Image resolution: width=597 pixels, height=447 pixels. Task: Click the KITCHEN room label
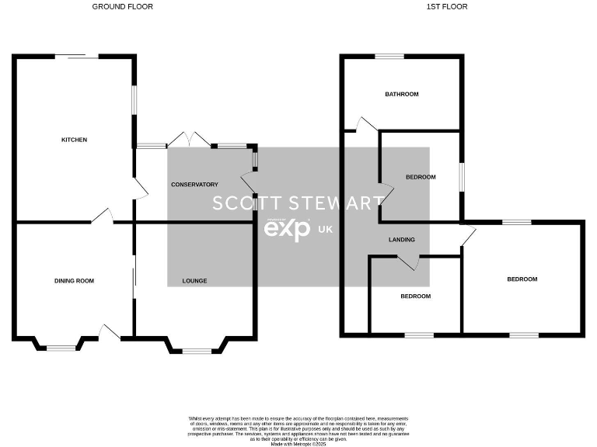coord(74,140)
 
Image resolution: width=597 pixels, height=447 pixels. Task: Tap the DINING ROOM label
coord(74,281)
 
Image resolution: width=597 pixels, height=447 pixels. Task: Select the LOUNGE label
coord(194,281)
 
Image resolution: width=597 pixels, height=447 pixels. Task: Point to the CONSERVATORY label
coord(194,185)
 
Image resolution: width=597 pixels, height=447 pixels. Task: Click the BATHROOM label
coord(402,95)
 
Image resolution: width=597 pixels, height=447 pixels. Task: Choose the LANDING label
coord(402,240)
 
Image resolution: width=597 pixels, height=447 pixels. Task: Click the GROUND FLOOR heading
coord(122,7)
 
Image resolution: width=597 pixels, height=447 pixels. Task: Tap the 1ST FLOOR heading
coord(447,7)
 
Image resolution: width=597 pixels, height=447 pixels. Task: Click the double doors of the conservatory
coord(190,140)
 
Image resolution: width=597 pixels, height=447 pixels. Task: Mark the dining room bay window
coord(61,348)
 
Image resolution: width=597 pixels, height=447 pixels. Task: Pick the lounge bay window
coord(197,352)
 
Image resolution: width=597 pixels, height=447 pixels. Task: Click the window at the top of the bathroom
coord(389,56)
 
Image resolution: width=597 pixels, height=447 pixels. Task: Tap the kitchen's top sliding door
coord(76,56)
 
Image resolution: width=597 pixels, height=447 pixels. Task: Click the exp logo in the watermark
coord(287,229)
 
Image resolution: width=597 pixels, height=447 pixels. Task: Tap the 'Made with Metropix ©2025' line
coord(298,444)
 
